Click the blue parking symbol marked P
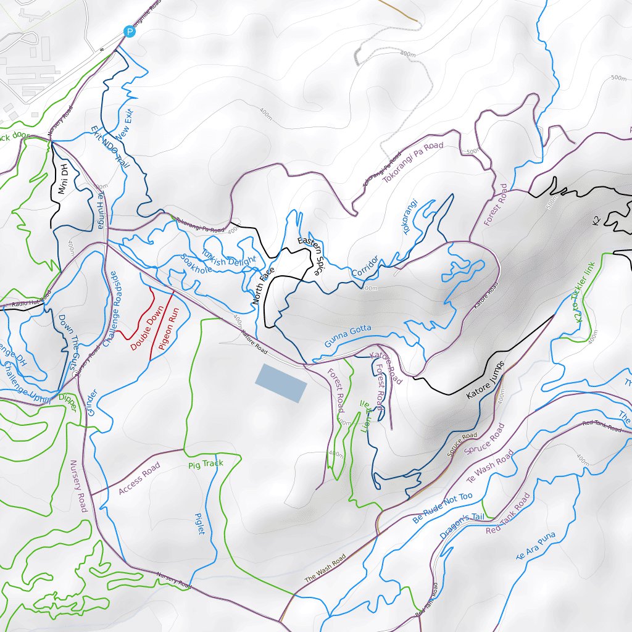click(128, 31)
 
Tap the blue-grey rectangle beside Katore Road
click(281, 383)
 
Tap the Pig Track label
click(206, 464)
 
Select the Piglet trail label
click(200, 523)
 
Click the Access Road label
click(139, 478)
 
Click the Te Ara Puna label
click(535, 546)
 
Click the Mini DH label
click(63, 179)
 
